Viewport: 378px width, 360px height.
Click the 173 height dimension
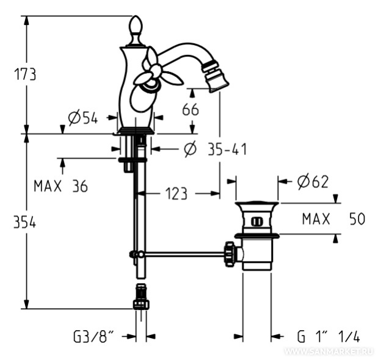click(25, 74)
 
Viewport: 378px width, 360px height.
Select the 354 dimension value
click(25, 223)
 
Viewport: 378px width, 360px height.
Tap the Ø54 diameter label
click(82, 118)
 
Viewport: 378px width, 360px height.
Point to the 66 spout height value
click(191, 110)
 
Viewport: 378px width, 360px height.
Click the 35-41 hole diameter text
click(217, 148)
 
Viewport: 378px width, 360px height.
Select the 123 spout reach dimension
click(176, 194)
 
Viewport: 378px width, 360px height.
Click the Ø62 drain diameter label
click(313, 181)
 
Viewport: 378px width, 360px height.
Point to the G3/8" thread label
click(94, 336)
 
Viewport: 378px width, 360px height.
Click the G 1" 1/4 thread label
click(329, 336)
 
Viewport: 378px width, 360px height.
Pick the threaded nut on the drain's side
click(230, 253)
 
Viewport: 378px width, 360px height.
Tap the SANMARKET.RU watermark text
click(329, 352)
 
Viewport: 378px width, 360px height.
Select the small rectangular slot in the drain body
click(256, 221)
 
